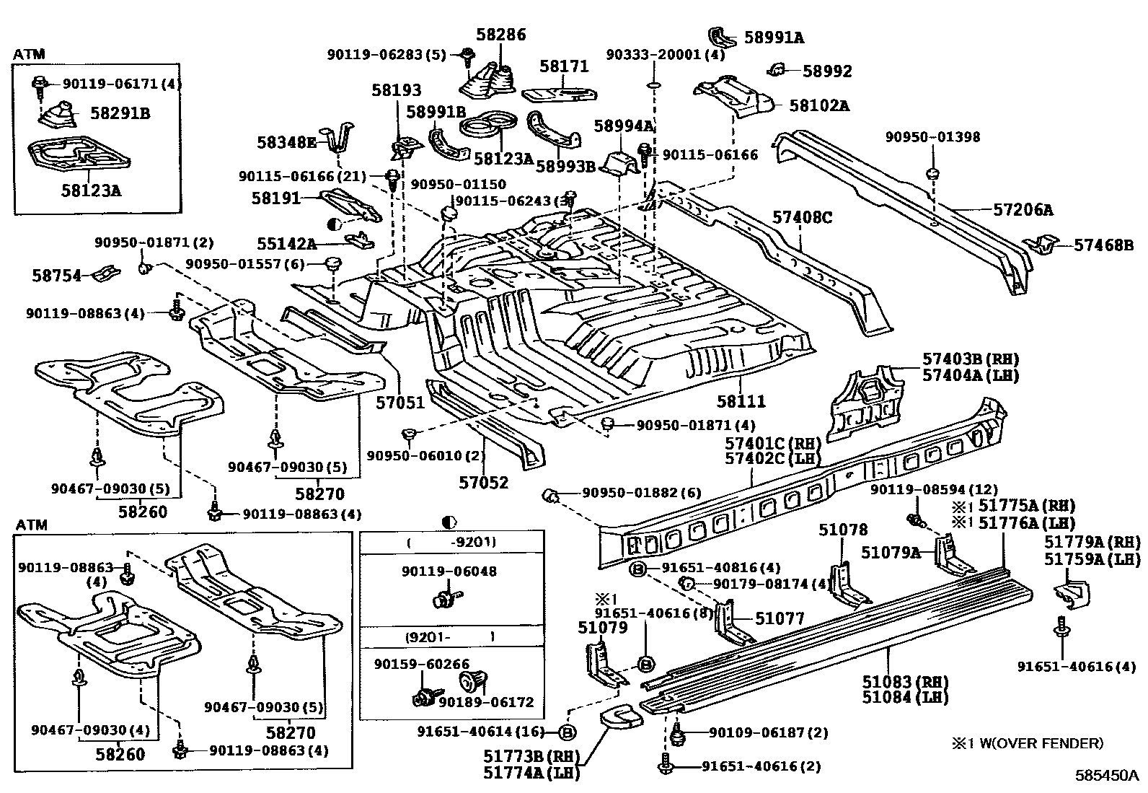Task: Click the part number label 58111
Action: pyautogui.click(x=741, y=401)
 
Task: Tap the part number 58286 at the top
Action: pyautogui.click(x=500, y=35)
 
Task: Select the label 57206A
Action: pyautogui.click(x=1023, y=209)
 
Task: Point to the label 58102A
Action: pyautogui.click(x=819, y=105)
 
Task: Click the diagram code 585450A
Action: pyautogui.click(x=1106, y=775)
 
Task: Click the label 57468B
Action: pyautogui.click(x=1104, y=245)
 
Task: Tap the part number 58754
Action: pyautogui.click(x=57, y=276)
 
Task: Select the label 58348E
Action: pyautogui.click(x=286, y=142)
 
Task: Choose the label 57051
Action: pyautogui.click(x=400, y=403)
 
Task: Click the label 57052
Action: pyautogui.click(x=483, y=482)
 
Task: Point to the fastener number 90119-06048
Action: pyautogui.click(x=449, y=571)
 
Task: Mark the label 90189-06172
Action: pyautogui.click(x=486, y=702)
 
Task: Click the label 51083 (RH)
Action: pyautogui.click(x=905, y=682)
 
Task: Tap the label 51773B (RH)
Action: pyautogui.click(x=531, y=756)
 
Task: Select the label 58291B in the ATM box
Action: pyautogui.click(x=120, y=113)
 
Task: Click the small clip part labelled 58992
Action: pyautogui.click(x=777, y=69)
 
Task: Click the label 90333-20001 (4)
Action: pyautogui.click(x=666, y=54)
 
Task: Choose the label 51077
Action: pyautogui.click(x=780, y=618)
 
